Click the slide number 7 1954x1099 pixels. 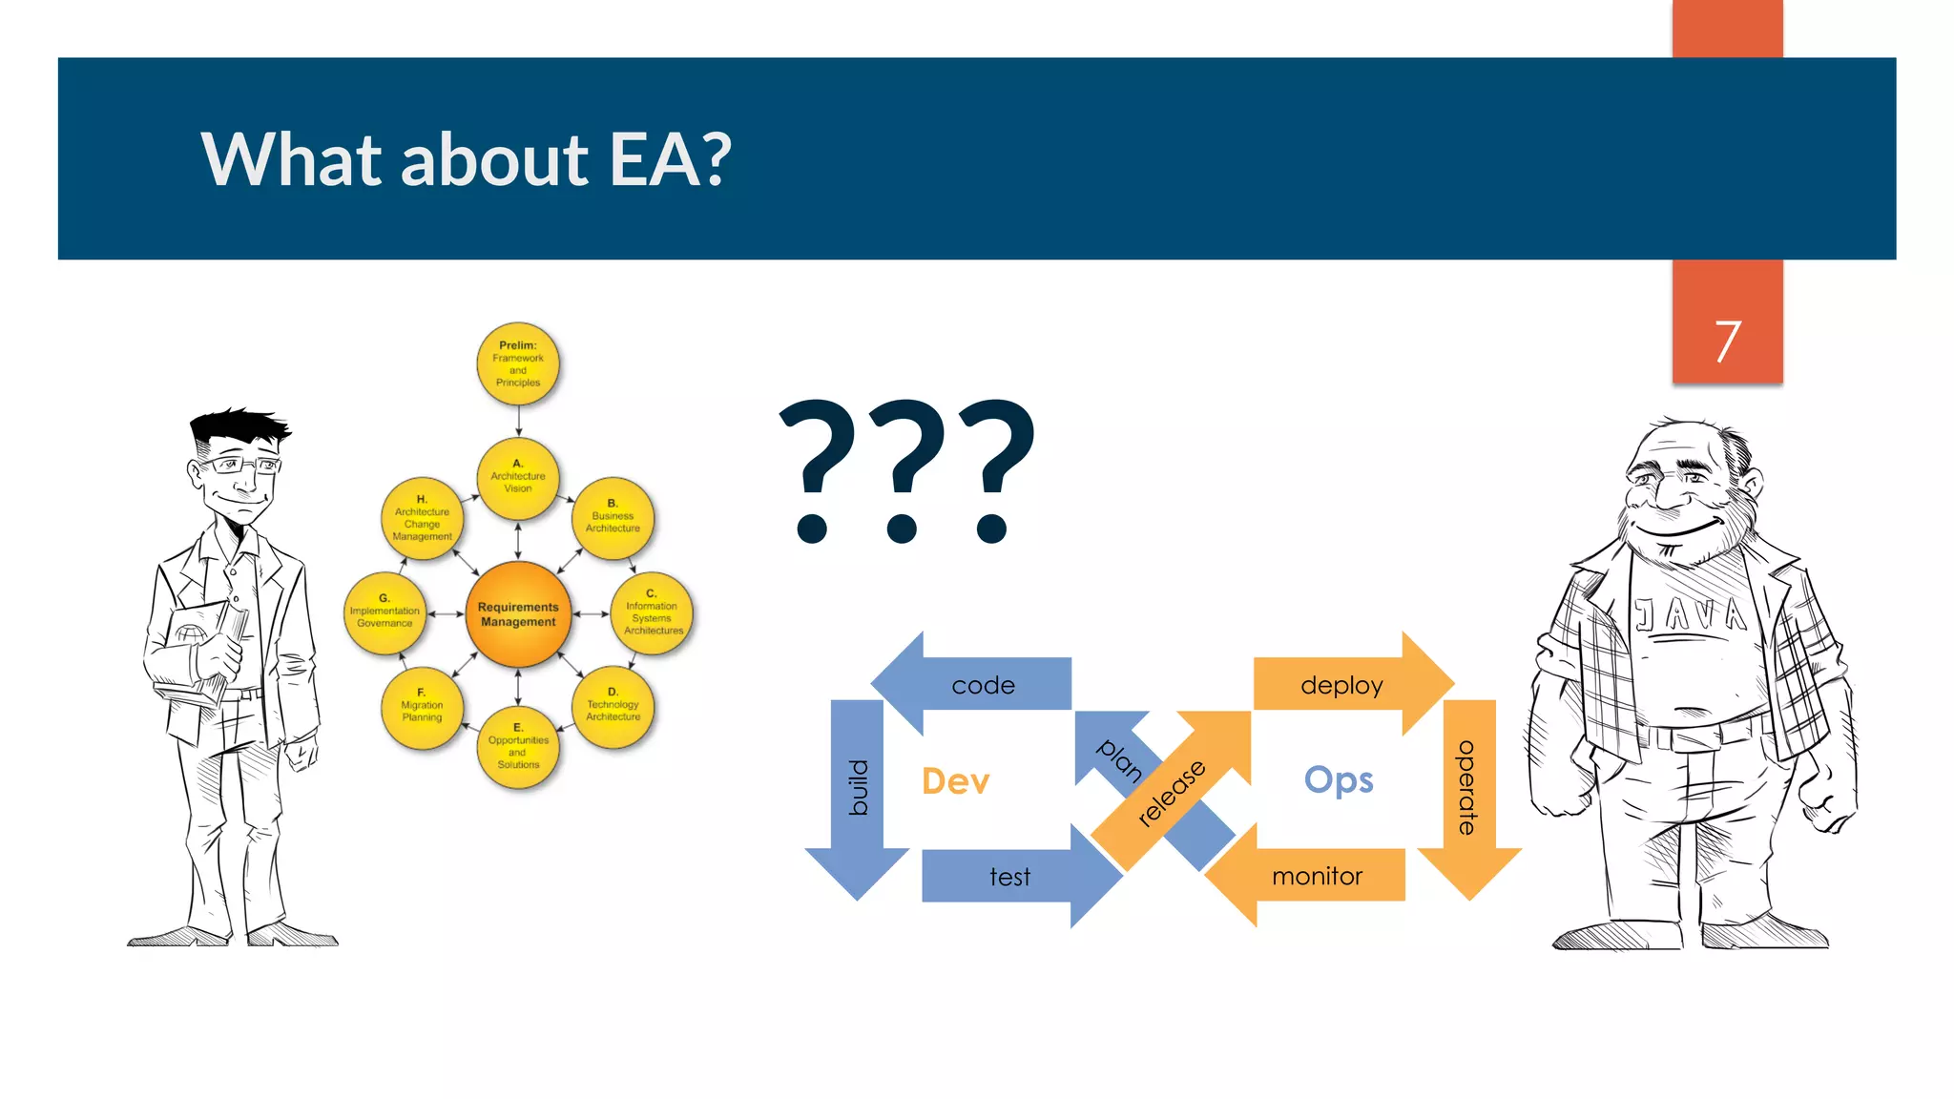(1727, 342)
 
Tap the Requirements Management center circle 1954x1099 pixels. (518, 614)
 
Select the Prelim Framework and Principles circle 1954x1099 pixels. (518, 363)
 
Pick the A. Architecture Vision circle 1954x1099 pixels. (518, 478)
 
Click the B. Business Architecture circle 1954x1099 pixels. (613, 518)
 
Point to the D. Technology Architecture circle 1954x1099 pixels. (613, 707)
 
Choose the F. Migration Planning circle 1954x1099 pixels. (422, 707)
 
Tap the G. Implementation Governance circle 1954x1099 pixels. (385, 613)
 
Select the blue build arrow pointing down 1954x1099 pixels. (858, 792)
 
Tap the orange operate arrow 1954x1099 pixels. (1468, 792)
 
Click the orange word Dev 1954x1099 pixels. (955, 781)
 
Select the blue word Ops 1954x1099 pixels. (1339, 780)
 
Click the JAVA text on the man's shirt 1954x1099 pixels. (1690, 615)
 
